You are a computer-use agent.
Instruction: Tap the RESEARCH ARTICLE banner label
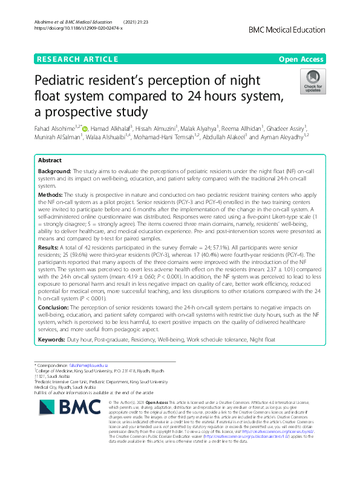77,59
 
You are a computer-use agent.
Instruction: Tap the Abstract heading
49,161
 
